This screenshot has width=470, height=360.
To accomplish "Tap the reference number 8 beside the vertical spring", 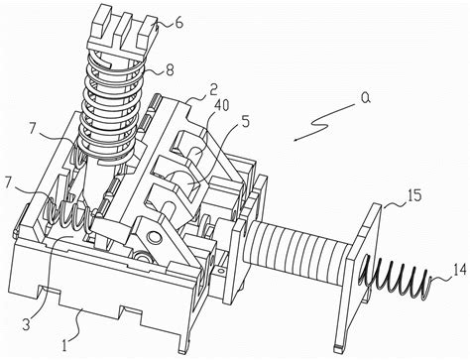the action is pyautogui.click(x=170, y=69).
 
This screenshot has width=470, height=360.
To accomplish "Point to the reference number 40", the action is pyautogui.click(x=221, y=106).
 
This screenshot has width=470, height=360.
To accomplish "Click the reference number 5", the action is pyautogui.click(x=245, y=122).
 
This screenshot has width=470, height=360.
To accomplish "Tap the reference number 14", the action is pyautogui.click(x=459, y=270).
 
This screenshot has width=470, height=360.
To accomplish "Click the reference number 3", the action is pyautogui.click(x=26, y=324).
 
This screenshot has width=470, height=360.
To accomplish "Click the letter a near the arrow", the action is pyautogui.click(x=364, y=99).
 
